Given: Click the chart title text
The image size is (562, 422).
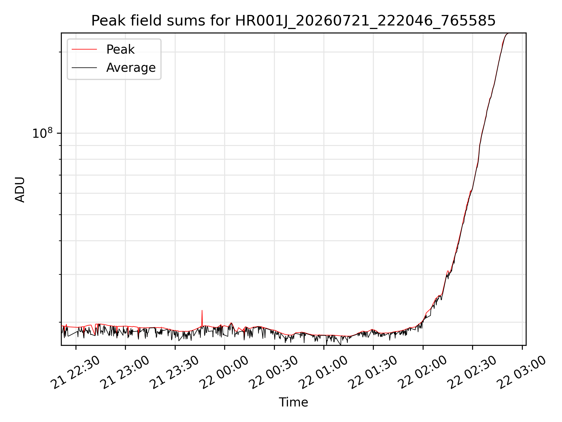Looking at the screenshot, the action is point(293,21).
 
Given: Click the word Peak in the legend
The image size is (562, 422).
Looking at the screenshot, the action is point(120,50).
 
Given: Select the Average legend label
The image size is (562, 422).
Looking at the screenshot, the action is point(131,68).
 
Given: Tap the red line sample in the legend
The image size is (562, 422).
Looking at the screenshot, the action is point(84,50).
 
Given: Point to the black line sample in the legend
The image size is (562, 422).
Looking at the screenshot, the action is point(84,68).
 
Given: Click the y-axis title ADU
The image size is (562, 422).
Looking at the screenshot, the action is point(20,189).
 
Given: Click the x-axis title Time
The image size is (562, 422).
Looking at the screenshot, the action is point(293,402).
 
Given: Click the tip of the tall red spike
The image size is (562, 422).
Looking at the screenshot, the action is point(202,310).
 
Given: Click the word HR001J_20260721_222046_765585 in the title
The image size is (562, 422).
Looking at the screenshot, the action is point(365,21).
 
